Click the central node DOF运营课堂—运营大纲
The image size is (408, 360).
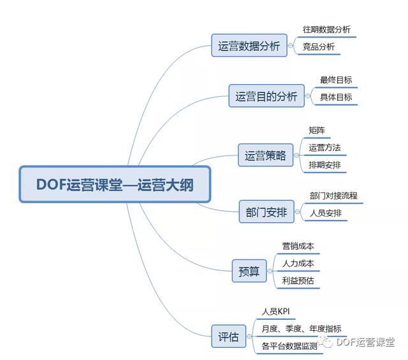click(x=115, y=184)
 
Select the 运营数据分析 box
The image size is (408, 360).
click(x=249, y=45)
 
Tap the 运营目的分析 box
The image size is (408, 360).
click(x=266, y=96)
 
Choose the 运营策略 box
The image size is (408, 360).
click(x=265, y=155)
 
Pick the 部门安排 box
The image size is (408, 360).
click(x=266, y=212)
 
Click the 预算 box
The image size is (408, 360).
click(x=249, y=271)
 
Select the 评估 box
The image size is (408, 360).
click(x=228, y=336)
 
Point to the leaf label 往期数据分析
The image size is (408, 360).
click(x=326, y=29)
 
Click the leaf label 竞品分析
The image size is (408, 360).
click(x=319, y=47)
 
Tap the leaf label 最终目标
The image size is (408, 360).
click(x=336, y=80)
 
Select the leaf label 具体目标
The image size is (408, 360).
click(x=336, y=97)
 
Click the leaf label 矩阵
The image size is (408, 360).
click(x=317, y=131)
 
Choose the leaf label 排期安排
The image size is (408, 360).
click(x=324, y=165)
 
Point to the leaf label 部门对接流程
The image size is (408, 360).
click(x=333, y=196)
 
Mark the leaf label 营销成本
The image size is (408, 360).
click(x=298, y=246)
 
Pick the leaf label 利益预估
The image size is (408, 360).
click(x=298, y=280)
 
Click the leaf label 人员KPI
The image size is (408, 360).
click(x=275, y=312)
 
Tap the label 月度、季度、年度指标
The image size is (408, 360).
click(x=302, y=329)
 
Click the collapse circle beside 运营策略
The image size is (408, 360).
click(x=296, y=155)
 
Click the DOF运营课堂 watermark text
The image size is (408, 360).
click(x=365, y=342)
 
